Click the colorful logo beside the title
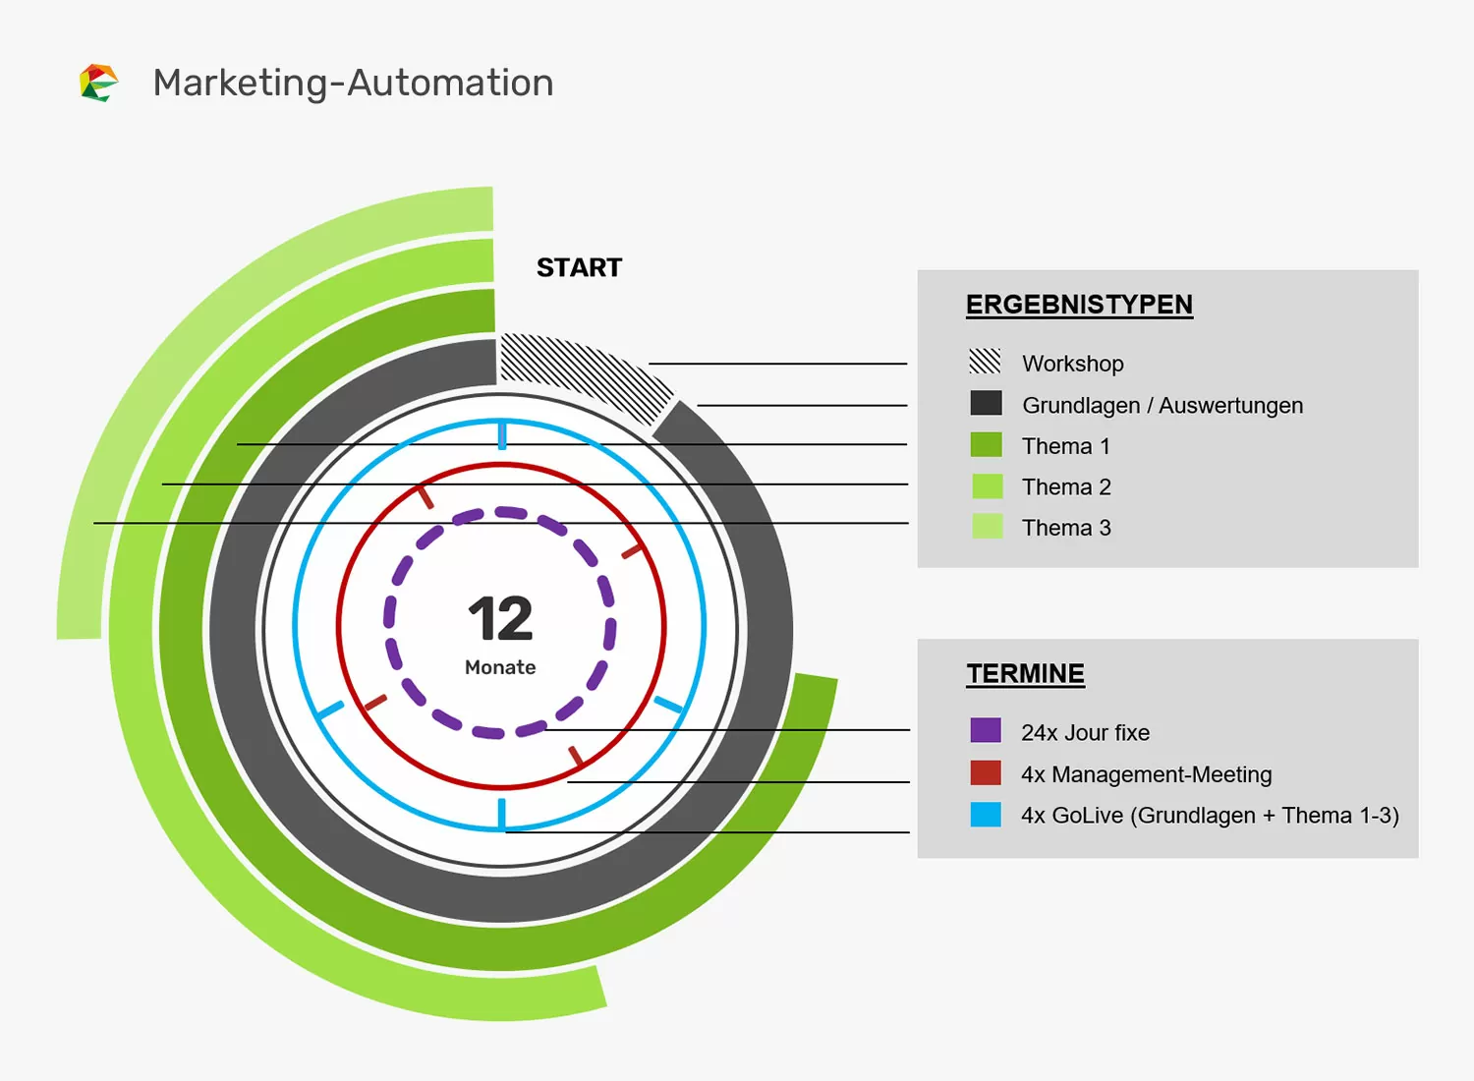tap(98, 83)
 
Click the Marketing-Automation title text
tap(353, 83)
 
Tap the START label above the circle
tap(579, 267)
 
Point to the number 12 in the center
tap(500, 619)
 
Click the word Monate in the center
tap(500, 667)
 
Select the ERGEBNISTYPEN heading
tap(1078, 305)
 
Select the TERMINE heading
tap(1025, 673)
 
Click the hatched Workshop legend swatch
tap(985, 362)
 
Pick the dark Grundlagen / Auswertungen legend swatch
tap(986, 404)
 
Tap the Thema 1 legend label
tap(1065, 446)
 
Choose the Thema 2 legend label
tap(1066, 487)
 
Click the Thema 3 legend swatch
tap(987, 527)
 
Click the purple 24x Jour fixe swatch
tap(986, 730)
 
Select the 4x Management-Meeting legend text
tap(1146, 774)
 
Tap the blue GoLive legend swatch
tap(986, 815)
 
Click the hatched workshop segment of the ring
tap(580, 374)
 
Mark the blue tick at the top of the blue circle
tap(502, 434)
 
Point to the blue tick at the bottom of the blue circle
tap(501, 815)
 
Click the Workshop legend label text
tap(1072, 364)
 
